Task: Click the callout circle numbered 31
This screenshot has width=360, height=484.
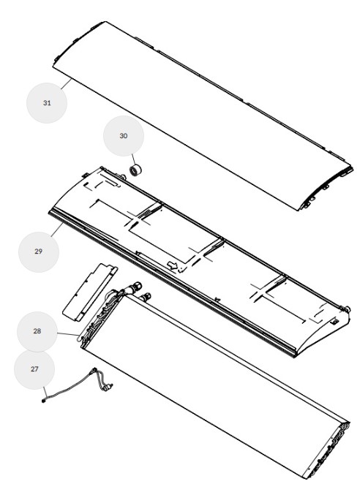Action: tap(47, 103)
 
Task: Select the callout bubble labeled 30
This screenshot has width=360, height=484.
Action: tap(124, 136)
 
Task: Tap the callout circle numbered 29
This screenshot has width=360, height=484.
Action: tap(39, 252)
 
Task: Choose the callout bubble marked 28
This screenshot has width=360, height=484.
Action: tap(37, 331)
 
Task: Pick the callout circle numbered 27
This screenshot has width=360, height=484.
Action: tap(34, 369)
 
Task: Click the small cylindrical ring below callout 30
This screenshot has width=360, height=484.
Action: tap(135, 170)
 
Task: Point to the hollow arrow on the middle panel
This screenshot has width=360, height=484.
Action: tap(173, 265)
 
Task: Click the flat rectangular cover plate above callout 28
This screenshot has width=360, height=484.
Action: tap(89, 292)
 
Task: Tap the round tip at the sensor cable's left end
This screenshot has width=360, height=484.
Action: tap(44, 401)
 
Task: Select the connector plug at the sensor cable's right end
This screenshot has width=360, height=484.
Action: tap(108, 387)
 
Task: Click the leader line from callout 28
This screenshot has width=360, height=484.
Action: tap(68, 334)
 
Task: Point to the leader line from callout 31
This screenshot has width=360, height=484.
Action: tap(67, 83)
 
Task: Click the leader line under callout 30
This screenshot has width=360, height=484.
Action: tap(133, 160)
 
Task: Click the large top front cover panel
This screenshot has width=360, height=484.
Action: tap(203, 116)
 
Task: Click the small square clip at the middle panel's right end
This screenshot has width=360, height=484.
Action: tap(335, 322)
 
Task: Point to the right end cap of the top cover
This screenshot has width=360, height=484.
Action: tap(328, 189)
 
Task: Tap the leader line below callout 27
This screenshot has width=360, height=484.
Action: tap(45, 393)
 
